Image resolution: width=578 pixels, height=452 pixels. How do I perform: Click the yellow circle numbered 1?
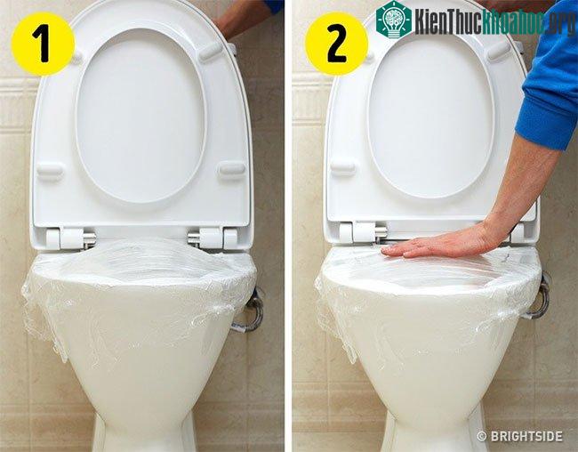click(x=44, y=44)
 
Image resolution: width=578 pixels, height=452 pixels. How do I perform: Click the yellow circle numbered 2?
click(x=336, y=44)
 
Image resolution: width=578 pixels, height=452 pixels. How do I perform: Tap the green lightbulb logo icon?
click(x=394, y=19)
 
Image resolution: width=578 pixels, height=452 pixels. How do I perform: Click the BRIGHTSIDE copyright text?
click(x=520, y=436)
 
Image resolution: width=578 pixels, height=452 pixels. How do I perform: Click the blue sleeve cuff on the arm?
click(x=542, y=125)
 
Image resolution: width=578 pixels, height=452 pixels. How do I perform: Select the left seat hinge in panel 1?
click(x=71, y=238)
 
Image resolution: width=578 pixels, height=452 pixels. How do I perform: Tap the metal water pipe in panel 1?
click(x=251, y=311)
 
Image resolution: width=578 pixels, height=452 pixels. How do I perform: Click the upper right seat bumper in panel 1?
click(x=211, y=52)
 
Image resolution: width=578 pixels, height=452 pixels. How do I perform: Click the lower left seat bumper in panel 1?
click(x=50, y=171)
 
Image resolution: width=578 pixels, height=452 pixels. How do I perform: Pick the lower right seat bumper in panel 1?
click(x=232, y=169)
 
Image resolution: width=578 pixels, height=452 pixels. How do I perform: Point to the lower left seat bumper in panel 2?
click(x=343, y=166)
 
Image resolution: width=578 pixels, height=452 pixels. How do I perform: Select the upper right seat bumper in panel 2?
click(x=499, y=51)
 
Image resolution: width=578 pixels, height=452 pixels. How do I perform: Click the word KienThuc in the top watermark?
click(x=448, y=21)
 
